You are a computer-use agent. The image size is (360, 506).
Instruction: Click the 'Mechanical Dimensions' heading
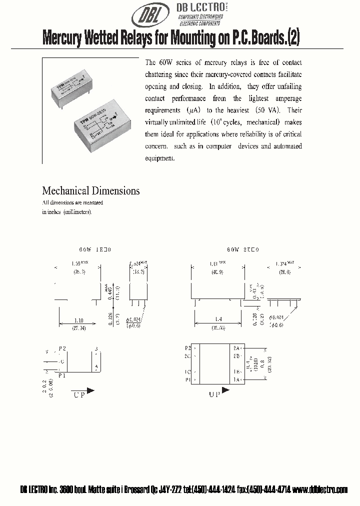[x=91, y=190]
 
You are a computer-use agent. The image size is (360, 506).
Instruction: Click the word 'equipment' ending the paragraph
[x=159, y=158]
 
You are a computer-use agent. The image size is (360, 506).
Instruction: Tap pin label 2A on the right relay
[x=236, y=347]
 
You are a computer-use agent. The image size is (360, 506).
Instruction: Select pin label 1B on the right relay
[x=236, y=371]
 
